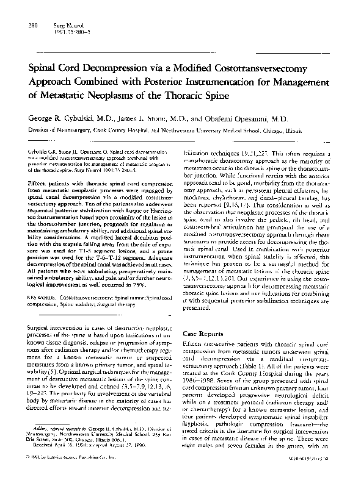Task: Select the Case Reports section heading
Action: pos(205,334)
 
